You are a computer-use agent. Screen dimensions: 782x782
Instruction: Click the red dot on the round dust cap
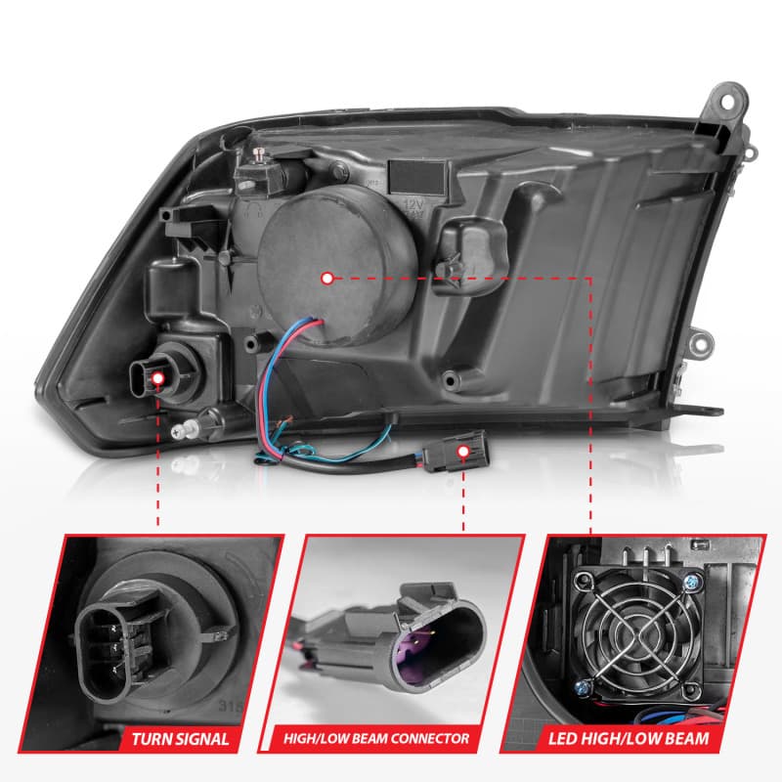tap(326, 278)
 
